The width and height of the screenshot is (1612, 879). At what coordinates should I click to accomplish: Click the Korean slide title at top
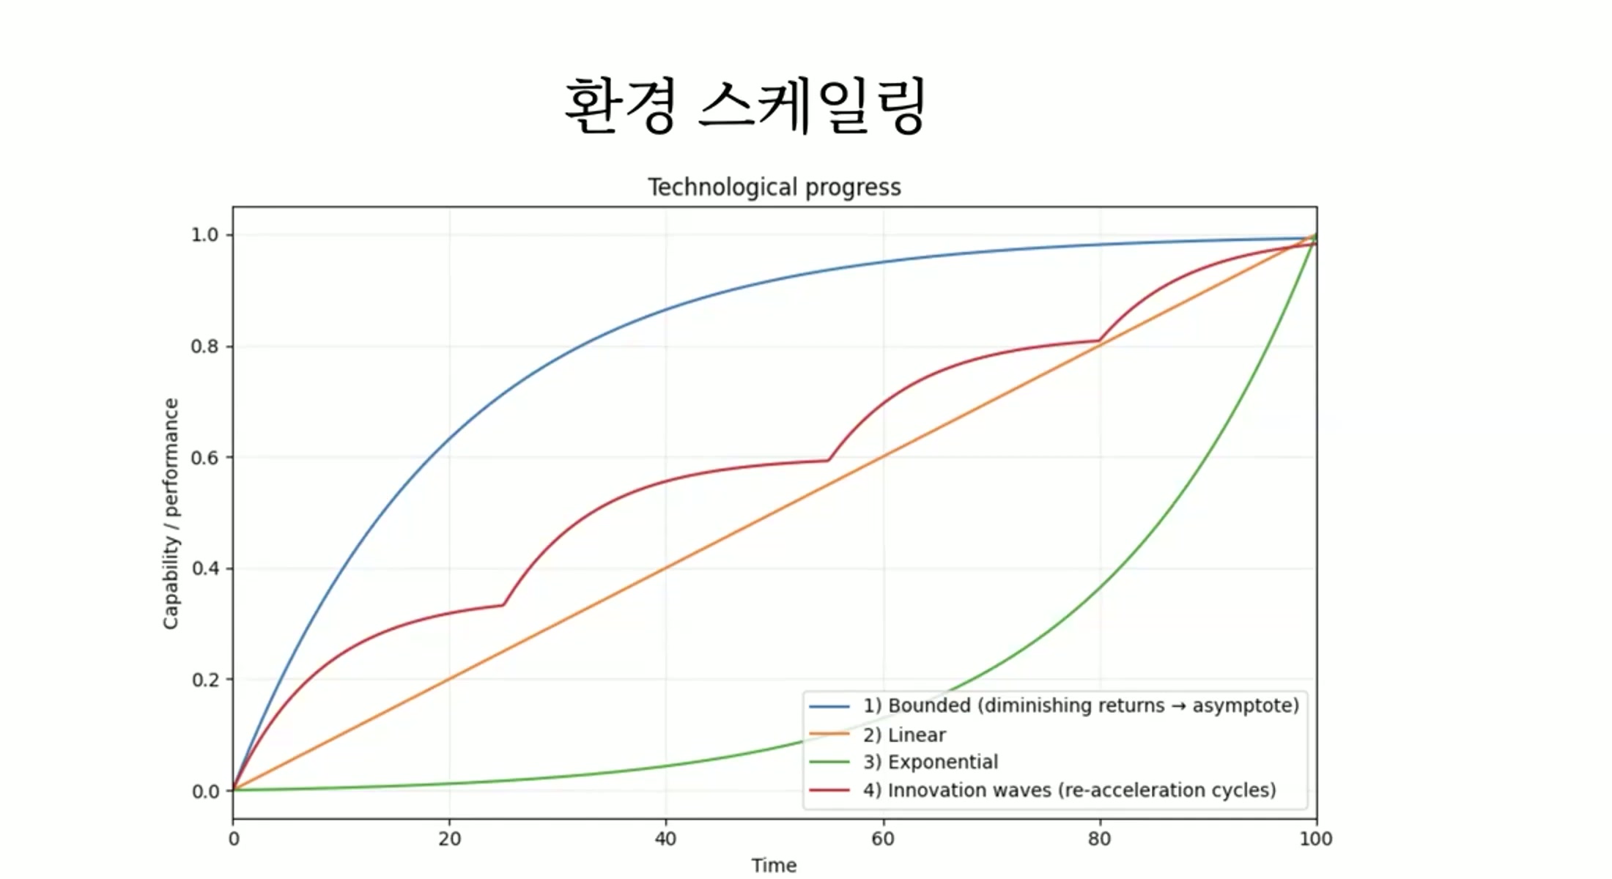[x=745, y=107]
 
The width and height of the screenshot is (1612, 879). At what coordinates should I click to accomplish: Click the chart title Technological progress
[x=774, y=188]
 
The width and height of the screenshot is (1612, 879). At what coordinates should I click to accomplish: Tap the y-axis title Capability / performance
[x=171, y=513]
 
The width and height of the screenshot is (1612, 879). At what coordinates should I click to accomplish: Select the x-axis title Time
[x=774, y=865]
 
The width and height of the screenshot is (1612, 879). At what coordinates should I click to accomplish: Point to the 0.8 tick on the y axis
[x=204, y=346]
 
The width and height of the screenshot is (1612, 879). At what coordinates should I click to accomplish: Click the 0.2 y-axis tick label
[x=204, y=680]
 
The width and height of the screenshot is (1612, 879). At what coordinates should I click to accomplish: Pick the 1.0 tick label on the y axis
[x=204, y=235]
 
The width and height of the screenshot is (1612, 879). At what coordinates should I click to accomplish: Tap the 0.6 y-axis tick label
[x=204, y=458]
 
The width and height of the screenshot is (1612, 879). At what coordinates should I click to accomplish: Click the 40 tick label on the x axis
[x=665, y=839]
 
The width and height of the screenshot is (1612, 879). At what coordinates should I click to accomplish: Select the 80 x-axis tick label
[x=1099, y=839]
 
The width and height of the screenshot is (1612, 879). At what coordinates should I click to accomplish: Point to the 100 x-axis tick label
[x=1315, y=839]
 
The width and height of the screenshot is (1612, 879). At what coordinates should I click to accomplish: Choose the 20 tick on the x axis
[x=449, y=839]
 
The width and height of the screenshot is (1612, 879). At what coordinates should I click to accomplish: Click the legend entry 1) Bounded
[x=1080, y=705]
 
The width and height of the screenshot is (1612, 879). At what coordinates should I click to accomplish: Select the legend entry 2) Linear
[x=904, y=735]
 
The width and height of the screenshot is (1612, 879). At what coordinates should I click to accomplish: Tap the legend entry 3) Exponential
[x=930, y=763]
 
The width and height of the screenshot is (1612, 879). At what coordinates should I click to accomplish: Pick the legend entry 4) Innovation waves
[x=1069, y=790]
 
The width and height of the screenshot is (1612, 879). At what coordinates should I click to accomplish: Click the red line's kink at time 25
[x=503, y=604]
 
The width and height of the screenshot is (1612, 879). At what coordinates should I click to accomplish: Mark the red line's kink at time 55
[x=828, y=460]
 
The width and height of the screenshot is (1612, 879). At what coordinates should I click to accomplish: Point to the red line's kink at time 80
[x=1099, y=341]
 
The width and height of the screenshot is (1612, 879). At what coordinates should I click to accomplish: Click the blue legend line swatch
[x=829, y=706]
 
